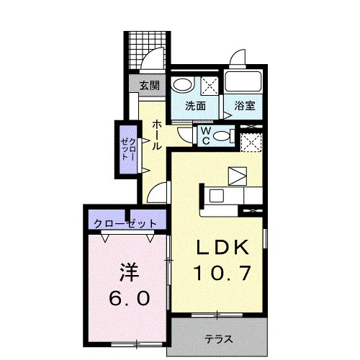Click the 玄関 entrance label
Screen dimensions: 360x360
(150, 86)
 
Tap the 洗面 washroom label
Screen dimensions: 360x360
(196, 106)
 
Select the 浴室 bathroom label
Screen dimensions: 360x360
(245, 106)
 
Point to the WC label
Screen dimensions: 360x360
(206, 136)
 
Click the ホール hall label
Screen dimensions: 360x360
(156, 135)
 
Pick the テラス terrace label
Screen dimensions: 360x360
(219, 339)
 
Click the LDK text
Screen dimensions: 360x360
(222, 247)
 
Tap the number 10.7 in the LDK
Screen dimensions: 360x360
(223, 273)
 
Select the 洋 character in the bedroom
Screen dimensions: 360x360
(130, 273)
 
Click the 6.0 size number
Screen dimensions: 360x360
(130, 298)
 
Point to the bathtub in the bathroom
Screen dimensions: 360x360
(243, 81)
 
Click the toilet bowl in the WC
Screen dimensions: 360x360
(221, 137)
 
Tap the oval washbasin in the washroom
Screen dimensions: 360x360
(183, 84)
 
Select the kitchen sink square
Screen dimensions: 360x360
(217, 195)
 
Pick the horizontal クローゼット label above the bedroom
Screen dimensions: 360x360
(125, 224)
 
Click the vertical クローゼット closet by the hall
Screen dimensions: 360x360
(129, 149)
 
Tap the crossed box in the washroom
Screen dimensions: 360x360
(210, 84)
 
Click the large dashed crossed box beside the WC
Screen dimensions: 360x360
(251, 142)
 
